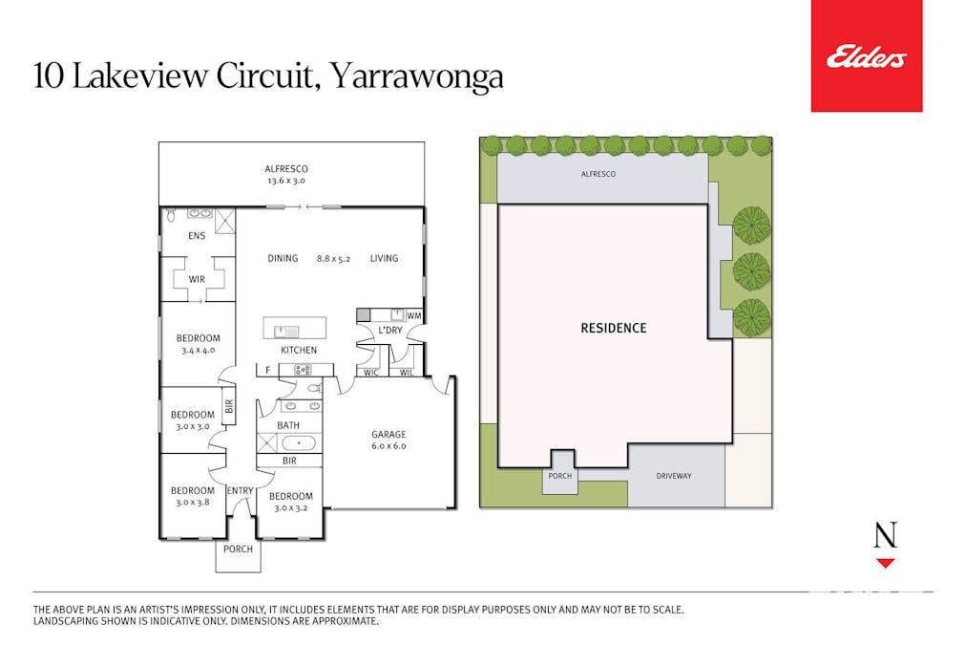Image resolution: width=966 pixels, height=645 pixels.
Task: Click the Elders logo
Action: click(x=866, y=56)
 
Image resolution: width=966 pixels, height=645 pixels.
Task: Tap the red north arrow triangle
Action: click(x=885, y=563)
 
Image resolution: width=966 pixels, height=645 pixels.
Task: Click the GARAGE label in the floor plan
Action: click(x=388, y=434)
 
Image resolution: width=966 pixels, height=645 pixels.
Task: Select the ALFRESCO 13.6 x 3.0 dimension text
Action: click(x=285, y=181)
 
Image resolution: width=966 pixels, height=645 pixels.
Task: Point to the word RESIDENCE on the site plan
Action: click(x=614, y=328)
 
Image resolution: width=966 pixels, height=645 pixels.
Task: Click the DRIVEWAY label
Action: click(x=673, y=476)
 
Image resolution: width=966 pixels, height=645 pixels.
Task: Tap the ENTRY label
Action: click(x=240, y=491)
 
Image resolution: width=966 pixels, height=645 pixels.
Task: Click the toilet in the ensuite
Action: click(x=171, y=215)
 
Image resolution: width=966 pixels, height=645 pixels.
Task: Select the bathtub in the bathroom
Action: click(x=299, y=443)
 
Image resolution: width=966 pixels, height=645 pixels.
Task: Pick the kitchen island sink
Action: click(x=285, y=332)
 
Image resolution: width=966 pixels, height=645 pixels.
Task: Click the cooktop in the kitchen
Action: click(x=302, y=370)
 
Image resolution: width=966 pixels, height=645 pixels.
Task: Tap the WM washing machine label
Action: click(x=414, y=315)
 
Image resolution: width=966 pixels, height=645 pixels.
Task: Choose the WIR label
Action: click(x=197, y=279)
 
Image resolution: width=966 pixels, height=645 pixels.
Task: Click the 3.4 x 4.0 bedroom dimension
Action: click(x=198, y=351)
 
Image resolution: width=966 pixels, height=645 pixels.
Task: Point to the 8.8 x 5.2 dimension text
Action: click(x=333, y=259)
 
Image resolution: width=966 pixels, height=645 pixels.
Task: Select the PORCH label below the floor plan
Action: click(x=238, y=548)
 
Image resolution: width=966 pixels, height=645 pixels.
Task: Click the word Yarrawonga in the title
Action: click(x=417, y=76)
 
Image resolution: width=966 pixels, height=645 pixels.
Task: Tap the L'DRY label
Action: click(x=390, y=331)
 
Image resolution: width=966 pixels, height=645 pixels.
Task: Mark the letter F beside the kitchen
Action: click(x=267, y=371)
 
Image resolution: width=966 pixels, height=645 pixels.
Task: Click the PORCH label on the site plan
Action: click(x=560, y=476)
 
